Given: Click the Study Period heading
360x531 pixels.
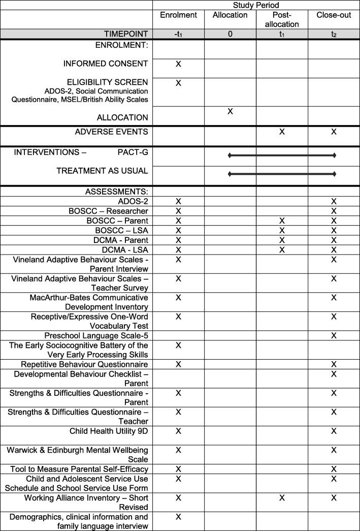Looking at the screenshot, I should [x=256, y=5].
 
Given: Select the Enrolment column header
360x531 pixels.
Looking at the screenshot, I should [x=178, y=15].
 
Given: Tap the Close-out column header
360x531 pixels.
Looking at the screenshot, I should [x=334, y=15].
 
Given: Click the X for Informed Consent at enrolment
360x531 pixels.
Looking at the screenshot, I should [x=178, y=65].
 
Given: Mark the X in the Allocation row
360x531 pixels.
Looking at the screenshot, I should [x=230, y=111].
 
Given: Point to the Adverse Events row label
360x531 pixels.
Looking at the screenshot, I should [x=111, y=132].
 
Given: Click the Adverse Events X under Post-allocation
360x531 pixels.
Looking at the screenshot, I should [x=282, y=132].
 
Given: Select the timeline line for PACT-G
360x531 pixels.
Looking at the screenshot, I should [x=282, y=155].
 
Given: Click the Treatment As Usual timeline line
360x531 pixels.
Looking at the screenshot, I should [x=282, y=174].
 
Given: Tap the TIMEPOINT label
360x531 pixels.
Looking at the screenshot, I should [x=126, y=34].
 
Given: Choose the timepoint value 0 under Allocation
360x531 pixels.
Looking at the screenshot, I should [x=230, y=34].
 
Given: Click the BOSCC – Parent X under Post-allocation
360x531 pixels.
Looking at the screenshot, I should [x=282, y=221].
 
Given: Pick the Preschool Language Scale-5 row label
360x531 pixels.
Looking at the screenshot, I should [x=96, y=336].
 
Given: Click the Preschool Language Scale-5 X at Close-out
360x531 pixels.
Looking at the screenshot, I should [x=334, y=336].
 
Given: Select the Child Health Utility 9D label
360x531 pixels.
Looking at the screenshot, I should [x=109, y=431].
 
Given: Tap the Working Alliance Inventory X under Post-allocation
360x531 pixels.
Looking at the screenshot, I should [x=282, y=498].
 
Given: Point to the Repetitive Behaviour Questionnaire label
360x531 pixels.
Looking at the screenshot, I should [x=84, y=364].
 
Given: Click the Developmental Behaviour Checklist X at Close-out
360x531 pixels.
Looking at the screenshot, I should [x=334, y=374].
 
